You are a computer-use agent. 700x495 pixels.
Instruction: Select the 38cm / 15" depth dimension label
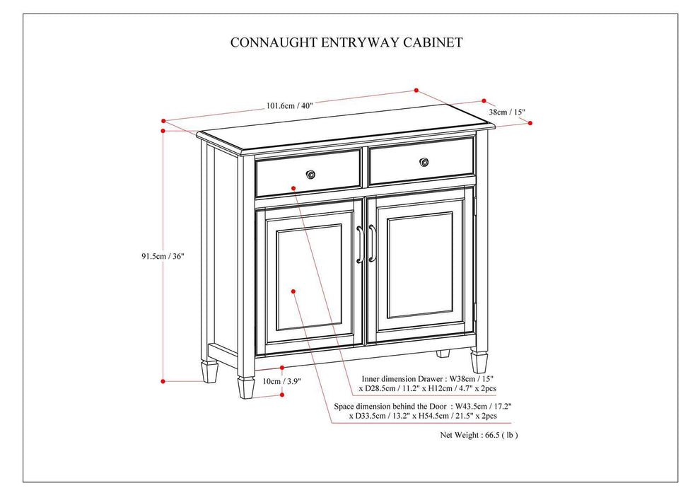(x=506, y=112)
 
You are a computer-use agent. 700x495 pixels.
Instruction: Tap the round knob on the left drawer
(x=310, y=174)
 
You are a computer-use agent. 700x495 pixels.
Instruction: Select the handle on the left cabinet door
(x=360, y=244)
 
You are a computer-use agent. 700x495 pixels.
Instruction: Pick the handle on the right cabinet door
(x=371, y=244)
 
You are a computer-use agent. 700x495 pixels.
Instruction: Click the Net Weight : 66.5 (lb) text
(x=479, y=435)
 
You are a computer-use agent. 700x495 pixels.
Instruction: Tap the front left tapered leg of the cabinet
(x=246, y=385)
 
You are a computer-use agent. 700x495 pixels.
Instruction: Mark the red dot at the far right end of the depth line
(x=530, y=122)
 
